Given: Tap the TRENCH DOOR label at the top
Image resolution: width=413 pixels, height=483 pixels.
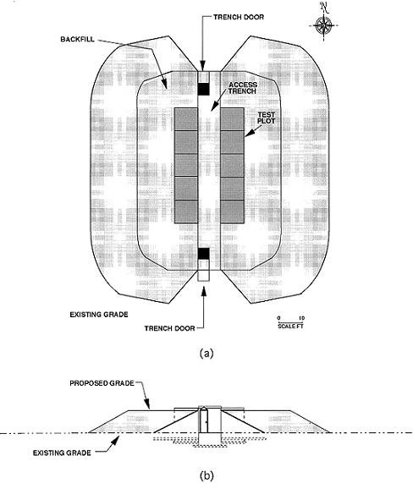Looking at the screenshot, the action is (x=239, y=17).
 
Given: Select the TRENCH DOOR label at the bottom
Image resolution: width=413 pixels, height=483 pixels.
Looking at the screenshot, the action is (x=169, y=328).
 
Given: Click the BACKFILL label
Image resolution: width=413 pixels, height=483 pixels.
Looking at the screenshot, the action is (x=77, y=39).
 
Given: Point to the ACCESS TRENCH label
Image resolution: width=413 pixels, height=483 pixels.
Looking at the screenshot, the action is (x=243, y=88).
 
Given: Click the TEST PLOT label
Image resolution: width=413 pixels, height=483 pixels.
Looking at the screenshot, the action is (x=267, y=118).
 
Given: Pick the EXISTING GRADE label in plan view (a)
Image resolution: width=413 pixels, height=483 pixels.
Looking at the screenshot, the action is (x=99, y=315).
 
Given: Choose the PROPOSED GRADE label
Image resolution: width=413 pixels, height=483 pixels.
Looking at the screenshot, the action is (x=102, y=383).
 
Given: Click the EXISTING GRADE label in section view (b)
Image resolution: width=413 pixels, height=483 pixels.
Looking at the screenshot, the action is (x=62, y=453).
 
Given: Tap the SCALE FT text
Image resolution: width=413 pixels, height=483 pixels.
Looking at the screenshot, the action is (x=290, y=326).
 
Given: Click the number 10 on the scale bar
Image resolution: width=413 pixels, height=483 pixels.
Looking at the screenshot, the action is (x=302, y=318).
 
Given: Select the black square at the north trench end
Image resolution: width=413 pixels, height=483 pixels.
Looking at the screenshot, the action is (x=203, y=89).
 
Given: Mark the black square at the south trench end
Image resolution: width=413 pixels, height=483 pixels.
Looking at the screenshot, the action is (x=203, y=254).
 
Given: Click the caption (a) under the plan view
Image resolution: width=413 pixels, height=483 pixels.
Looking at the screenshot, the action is (x=206, y=353).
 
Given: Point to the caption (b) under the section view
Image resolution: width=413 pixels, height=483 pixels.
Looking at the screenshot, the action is (x=206, y=476).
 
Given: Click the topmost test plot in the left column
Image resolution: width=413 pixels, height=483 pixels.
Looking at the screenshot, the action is (x=186, y=119).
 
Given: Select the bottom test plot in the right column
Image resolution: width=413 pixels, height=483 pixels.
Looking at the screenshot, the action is (x=233, y=211).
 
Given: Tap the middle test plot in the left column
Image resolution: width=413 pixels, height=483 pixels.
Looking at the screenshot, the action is (x=186, y=166).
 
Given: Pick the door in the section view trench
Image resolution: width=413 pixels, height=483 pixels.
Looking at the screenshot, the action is (x=204, y=420).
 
